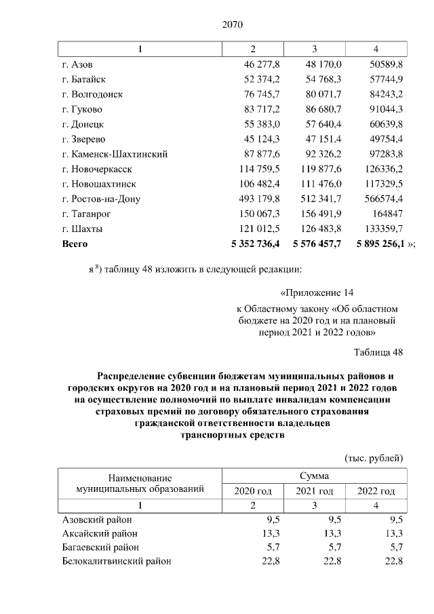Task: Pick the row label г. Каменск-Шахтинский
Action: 115,154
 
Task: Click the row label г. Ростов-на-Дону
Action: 100,199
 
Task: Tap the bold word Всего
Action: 75,243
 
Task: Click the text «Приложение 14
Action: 317,294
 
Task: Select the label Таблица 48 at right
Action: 378,352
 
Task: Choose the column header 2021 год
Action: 315,491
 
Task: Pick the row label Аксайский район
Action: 100,533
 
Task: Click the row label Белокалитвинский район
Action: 116,561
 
